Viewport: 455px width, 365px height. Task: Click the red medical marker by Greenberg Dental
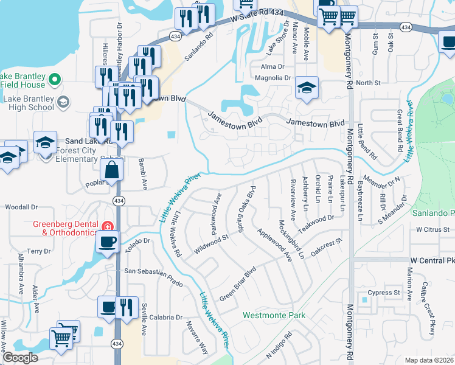click(108, 227)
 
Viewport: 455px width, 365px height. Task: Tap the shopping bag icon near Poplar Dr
click(113, 170)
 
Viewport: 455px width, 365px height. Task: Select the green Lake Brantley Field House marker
click(54, 79)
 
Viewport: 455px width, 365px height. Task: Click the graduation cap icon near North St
click(307, 88)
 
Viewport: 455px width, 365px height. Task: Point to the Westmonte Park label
click(274, 316)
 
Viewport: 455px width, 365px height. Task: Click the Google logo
click(20, 358)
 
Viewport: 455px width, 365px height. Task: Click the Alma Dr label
click(273, 66)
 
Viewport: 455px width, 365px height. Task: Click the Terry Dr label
click(39, 251)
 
